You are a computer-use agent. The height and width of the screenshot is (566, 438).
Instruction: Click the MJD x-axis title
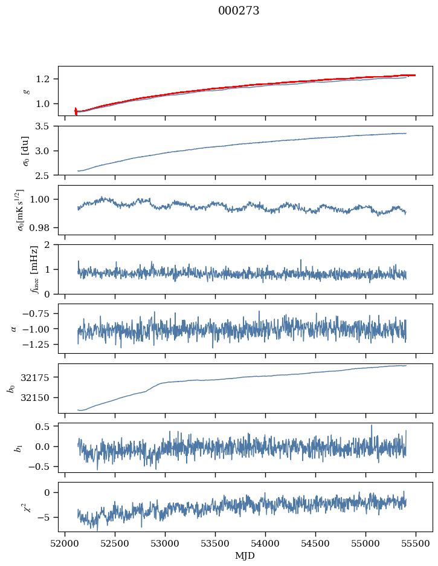click(245, 556)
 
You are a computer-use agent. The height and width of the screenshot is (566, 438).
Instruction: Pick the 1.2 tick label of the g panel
click(45, 79)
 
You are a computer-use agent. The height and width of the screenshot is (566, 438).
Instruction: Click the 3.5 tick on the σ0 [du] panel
click(45, 126)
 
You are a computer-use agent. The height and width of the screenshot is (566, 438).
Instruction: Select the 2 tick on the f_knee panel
click(51, 245)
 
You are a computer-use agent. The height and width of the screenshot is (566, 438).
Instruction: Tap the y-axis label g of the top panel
click(25, 91)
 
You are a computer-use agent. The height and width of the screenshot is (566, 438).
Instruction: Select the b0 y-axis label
click(10, 388)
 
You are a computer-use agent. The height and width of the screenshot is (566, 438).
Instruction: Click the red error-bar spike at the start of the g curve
click(76, 111)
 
